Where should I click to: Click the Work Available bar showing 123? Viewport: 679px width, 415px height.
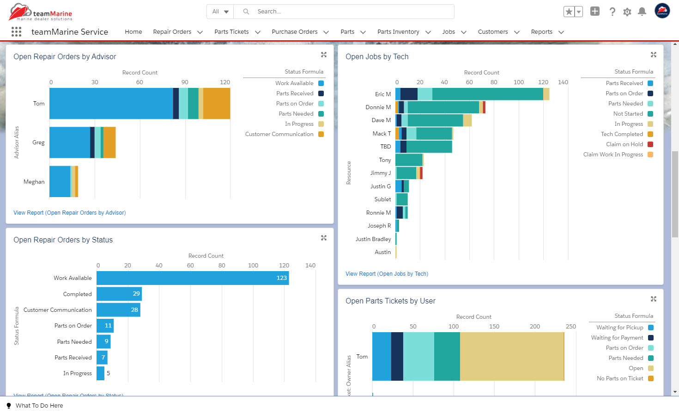(192, 278)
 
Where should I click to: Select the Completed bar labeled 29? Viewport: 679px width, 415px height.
(119, 294)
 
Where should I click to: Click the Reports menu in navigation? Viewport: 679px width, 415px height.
(541, 32)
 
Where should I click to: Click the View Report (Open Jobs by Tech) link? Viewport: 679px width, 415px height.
(387, 274)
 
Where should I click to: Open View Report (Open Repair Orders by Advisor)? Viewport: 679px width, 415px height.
(69, 213)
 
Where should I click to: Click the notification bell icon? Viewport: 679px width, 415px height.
(642, 12)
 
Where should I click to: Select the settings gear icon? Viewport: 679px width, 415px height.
(627, 12)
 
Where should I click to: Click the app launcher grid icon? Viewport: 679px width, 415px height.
(16, 31)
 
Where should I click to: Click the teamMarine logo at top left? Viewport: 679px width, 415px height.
(41, 12)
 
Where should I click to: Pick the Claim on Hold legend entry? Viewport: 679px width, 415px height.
(624, 144)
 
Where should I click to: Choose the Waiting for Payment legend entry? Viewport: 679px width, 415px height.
(617, 338)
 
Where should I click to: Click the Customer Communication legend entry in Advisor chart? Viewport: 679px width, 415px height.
(279, 134)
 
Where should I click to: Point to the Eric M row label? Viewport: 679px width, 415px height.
(382, 94)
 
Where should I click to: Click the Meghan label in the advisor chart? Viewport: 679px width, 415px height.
(34, 182)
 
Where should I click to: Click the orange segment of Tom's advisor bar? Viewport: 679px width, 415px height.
(217, 104)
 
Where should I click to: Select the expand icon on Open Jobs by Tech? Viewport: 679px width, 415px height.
(653, 55)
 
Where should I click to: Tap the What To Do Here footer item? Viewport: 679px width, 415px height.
(39, 406)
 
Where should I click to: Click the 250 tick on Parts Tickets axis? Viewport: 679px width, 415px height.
(570, 327)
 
